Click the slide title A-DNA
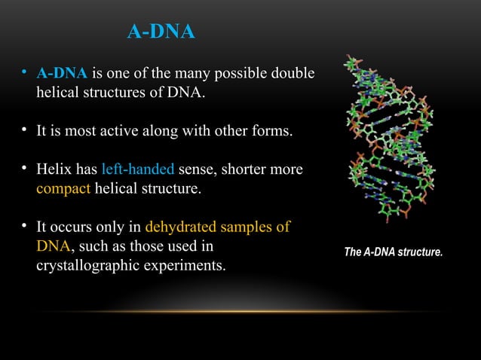[x=161, y=32]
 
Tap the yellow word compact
[x=63, y=189]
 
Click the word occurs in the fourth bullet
[x=69, y=227]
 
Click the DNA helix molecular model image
[x=391, y=143]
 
